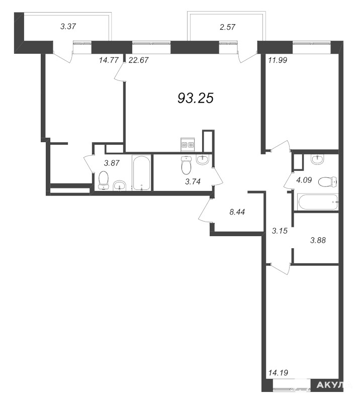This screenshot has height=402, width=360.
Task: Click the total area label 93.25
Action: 196,98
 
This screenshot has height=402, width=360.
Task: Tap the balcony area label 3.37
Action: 68,27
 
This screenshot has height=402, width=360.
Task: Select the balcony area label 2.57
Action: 228,27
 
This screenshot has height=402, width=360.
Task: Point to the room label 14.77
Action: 109,60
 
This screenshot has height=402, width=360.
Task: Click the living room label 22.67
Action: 139,60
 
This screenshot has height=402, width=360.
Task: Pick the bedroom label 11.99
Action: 278,60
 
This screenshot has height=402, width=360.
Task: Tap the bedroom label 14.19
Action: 278,372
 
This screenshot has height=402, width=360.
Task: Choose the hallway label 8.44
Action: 237,212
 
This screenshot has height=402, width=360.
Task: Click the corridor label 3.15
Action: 280,231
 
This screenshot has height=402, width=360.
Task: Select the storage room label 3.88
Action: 318,240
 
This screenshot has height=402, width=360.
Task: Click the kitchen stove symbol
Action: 188,145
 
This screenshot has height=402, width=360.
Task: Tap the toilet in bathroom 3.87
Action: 104,180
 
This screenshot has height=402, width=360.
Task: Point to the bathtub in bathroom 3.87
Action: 141,173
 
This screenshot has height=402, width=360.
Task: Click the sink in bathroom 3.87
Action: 120,185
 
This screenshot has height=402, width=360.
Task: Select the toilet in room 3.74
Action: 186,165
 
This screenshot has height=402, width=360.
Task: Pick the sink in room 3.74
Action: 203,159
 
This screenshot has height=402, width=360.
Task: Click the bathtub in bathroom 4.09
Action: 318,203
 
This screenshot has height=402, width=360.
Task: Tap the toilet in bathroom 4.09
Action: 327,181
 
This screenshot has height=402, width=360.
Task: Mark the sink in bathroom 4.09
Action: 317,159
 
